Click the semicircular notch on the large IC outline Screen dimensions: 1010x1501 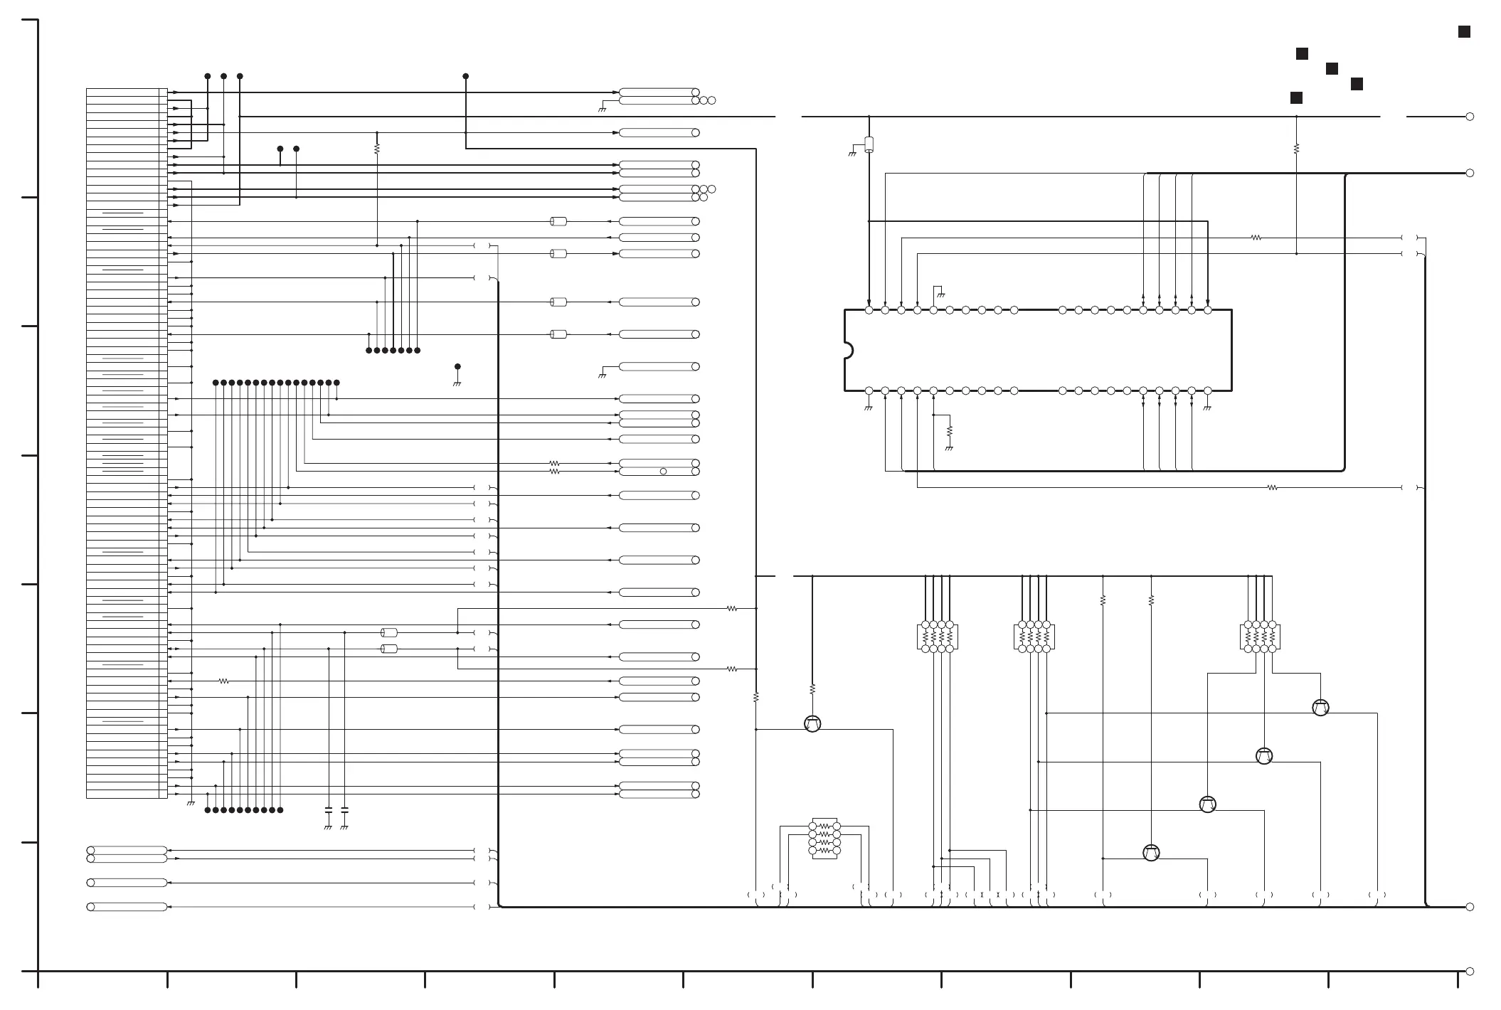click(848, 351)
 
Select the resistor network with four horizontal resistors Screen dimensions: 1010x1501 click(824, 838)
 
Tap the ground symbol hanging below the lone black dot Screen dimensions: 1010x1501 click(457, 383)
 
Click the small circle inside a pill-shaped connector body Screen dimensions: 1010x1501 click(663, 472)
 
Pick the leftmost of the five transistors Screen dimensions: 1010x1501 click(812, 723)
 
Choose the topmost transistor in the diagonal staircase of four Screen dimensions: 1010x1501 click(1320, 708)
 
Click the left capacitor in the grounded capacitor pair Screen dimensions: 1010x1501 click(328, 810)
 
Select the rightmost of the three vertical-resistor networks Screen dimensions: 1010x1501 click(1260, 637)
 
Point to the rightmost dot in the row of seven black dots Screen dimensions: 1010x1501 click(417, 350)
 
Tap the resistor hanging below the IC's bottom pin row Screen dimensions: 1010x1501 click(950, 431)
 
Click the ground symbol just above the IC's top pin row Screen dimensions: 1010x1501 click(940, 293)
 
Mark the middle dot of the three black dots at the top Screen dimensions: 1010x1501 click(223, 76)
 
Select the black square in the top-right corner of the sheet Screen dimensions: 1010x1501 click(1464, 32)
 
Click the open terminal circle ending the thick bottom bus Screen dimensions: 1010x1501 click(1470, 907)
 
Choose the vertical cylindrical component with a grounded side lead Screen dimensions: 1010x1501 click(869, 144)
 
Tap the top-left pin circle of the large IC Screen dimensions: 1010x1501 click(869, 310)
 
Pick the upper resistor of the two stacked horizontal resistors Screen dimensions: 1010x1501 click(555, 464)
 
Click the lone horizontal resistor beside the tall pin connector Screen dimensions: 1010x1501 click(223, 681)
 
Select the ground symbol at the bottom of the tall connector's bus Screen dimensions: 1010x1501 click(191, 803)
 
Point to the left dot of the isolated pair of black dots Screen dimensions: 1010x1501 click(280, 149)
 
